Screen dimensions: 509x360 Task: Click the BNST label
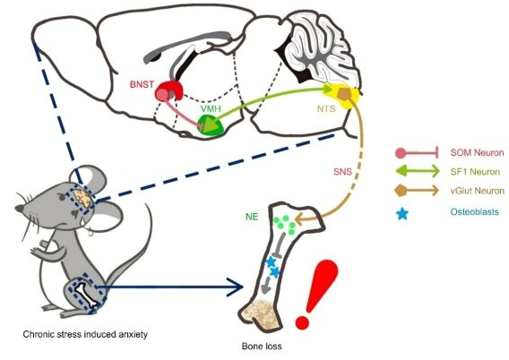click(x=142, y=84)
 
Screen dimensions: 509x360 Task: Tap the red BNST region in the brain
click(x=168, y=90)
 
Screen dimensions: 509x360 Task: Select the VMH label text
click(x=211, y=108)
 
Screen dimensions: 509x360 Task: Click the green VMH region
click(x=211, y=125)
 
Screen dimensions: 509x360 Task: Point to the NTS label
click(x=326, y=108)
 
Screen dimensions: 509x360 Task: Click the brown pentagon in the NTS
click(x=344, y=93)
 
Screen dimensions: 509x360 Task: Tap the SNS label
click(x=343, y=171)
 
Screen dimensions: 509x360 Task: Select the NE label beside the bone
click(x=252, y=217)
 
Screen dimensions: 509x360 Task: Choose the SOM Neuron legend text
click(x=477, y=152)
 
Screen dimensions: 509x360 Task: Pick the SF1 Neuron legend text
click(x=475, y=172)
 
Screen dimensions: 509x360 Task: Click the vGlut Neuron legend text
click(x=478, y=191)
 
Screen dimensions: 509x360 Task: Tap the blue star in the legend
click(x=402, y=214)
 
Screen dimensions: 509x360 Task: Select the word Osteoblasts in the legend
click(x=475, y=212)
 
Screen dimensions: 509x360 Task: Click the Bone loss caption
click(x=262, y=347)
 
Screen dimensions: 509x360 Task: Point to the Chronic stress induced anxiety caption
click(x=85, y=334)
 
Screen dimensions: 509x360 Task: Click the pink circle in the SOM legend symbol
click(x=401, y=153)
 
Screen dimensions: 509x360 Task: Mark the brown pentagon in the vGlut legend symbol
click(x=401, y=191)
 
